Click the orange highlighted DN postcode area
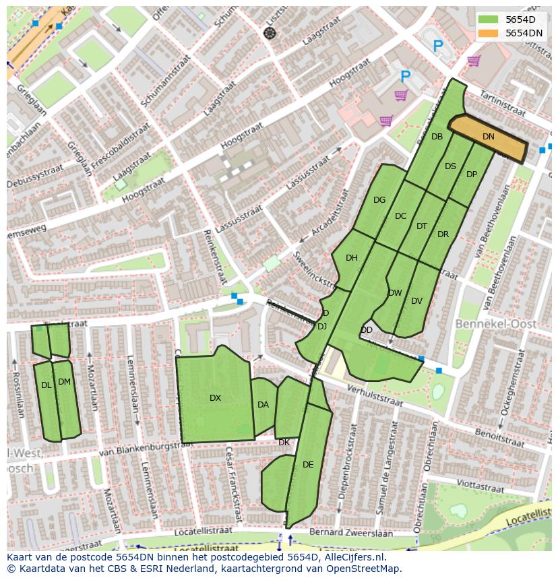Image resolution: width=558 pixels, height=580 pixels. tap(488, 137)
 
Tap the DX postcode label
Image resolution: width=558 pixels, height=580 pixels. tap(215, 398)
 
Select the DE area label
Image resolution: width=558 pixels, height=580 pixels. tap(308, 465)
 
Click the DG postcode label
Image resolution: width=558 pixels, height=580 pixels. tap(379, 200)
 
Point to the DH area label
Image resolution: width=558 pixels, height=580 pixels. tap(351, 258)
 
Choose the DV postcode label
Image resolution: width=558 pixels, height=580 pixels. tap(416, 301)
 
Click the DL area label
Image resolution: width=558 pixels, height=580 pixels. tap(46, 385)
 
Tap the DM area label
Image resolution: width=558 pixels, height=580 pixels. tap(64, 382)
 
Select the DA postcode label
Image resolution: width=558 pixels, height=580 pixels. tap(263, 405)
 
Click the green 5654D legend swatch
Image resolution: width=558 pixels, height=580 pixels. tap(488, 20)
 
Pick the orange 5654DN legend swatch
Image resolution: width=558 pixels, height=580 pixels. tap(488, 33)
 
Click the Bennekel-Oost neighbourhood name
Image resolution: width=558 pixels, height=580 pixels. tap(496, 325)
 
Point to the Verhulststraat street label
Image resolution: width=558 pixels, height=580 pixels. tap(374, 397)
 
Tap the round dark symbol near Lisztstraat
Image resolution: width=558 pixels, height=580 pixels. tap(270, 33)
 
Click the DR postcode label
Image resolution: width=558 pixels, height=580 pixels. tap(443, 234)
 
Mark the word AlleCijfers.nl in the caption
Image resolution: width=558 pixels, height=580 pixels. tap(360, 557)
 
